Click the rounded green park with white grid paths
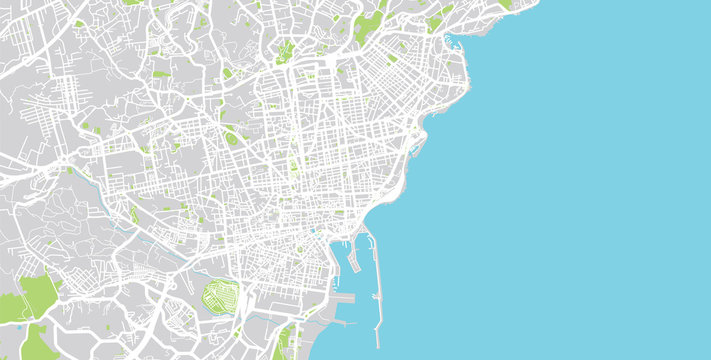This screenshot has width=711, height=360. tap(221, 297)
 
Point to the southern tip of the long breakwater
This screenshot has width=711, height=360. tap(378, 346)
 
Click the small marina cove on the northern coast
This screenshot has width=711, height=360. tap(452, 42)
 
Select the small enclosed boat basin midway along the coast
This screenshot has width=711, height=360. tap(415, 150)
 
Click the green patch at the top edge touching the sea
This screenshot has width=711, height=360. tap(506, 4)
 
